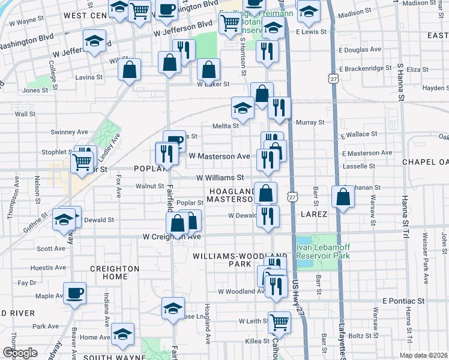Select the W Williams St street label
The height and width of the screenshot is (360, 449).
tap(220, 178)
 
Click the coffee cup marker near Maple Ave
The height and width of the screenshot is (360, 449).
tap(76, 293)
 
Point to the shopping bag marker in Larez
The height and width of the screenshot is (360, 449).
tap(342, 197)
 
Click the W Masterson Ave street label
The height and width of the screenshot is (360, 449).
tap(219, 156)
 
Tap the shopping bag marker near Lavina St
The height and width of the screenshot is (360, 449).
tap(130, 70)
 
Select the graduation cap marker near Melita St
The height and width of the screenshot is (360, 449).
tap(243, 109)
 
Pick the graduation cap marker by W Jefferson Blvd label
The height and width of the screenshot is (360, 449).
tap(94, 41)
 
